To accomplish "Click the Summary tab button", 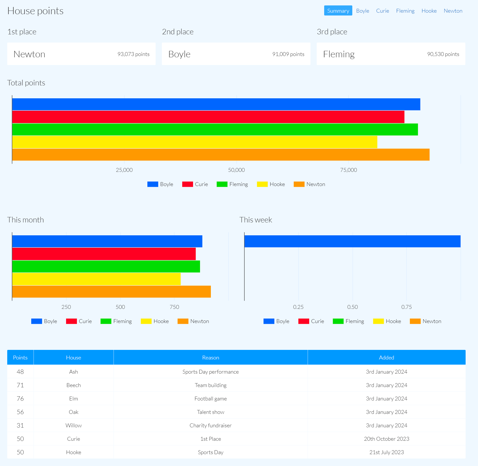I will (x=338, y=11).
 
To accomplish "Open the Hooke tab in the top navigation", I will (x=429, y=11).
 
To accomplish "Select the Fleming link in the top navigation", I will (x=405, y=11).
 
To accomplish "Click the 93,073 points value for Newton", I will (x=133, y=54).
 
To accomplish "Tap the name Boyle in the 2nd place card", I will (x=179, y=54).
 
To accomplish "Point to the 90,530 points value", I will (x=443, y=54).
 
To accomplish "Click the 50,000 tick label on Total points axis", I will (x=236, y=170).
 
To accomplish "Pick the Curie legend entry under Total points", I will (x=195, y=184).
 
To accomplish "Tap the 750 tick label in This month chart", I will (x=174, y=307).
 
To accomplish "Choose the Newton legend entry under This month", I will (x=194, y=321).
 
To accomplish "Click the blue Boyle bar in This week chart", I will (x=352, y=241).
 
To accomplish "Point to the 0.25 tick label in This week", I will (x=298, y=307).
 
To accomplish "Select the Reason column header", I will (x=211, y=358).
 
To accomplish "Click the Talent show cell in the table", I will (x=211, y=412).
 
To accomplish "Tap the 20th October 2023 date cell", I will (x=386, y=439).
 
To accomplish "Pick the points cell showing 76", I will (x=20, y=399).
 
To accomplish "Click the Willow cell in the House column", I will (x=74, y=425).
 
